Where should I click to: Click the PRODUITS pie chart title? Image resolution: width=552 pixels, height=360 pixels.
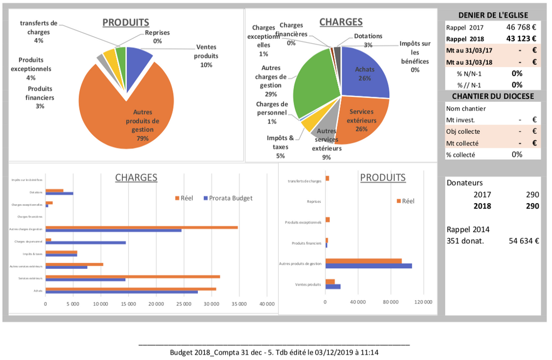point(126,23)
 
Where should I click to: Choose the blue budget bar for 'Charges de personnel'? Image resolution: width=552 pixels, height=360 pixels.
point(86,243)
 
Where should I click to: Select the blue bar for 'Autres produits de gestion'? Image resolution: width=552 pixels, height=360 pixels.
point(369,266)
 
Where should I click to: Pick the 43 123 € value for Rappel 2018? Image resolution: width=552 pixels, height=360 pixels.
point(521,38)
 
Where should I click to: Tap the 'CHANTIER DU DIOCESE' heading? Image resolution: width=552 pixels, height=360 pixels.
point(493,96)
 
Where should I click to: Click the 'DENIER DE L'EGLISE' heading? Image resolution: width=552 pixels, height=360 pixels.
point(493,15)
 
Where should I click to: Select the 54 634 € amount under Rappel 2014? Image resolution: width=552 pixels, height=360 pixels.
point(524,240)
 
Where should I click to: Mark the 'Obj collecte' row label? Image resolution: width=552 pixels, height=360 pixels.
point(463,131)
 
